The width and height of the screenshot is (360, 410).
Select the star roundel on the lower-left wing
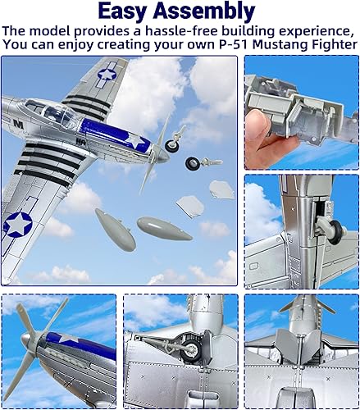tap(17, 223)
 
